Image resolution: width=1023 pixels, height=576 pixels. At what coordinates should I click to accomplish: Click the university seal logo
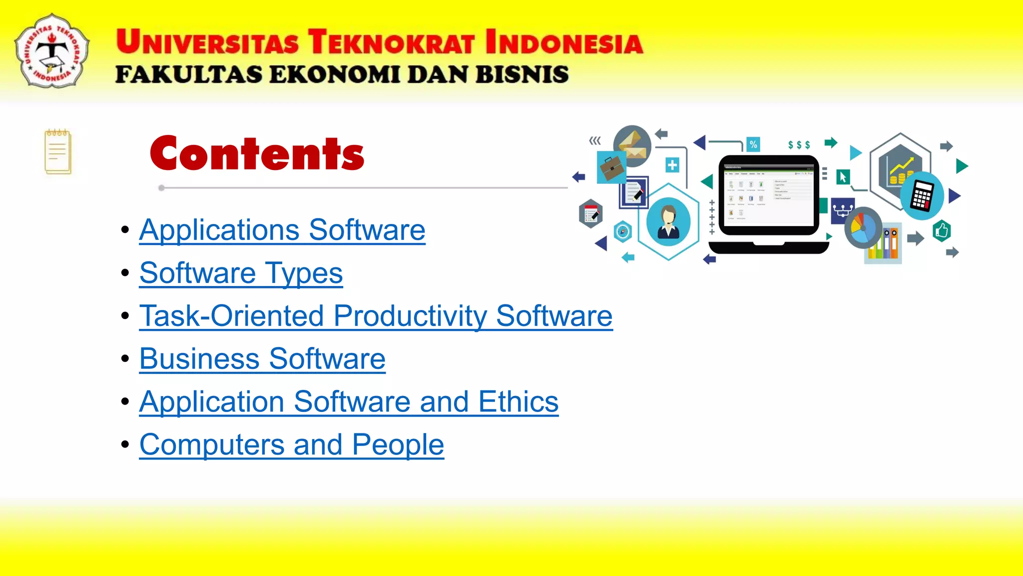pos(52,51)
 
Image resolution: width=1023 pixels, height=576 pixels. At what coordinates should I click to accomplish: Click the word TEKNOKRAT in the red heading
pos(391,42)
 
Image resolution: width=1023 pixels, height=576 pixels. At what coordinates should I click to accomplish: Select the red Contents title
pos(257,153)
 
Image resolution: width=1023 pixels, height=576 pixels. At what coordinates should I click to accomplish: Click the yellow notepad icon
pos(58,152)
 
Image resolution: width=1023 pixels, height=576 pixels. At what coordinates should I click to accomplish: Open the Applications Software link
pos(282,230)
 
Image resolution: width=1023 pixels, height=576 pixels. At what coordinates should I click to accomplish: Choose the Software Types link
pos(241,273)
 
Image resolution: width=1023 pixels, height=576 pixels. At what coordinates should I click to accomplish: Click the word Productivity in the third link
pos(410,316)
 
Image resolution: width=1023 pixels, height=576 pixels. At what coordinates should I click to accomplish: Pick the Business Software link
pos(262,359)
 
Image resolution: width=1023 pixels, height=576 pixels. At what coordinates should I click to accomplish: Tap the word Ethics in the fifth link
pos(518,402)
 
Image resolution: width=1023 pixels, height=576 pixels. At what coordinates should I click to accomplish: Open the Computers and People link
pos(291,445)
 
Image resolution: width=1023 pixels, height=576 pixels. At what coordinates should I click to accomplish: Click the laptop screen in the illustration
pos(768,195)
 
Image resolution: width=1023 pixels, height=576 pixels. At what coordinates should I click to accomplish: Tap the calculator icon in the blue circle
pos(922,196)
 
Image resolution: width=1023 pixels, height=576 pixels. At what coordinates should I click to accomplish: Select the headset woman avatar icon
pos(668,221)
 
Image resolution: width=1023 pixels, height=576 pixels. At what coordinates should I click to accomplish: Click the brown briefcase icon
pos(611,167)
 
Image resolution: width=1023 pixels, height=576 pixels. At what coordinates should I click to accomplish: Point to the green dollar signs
pos(799,145)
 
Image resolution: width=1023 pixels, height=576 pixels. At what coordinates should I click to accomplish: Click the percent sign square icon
pos(753,144)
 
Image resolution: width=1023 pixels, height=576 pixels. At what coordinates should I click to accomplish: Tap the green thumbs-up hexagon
pos(942,231)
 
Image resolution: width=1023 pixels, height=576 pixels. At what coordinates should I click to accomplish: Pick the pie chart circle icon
pos(863,227)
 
